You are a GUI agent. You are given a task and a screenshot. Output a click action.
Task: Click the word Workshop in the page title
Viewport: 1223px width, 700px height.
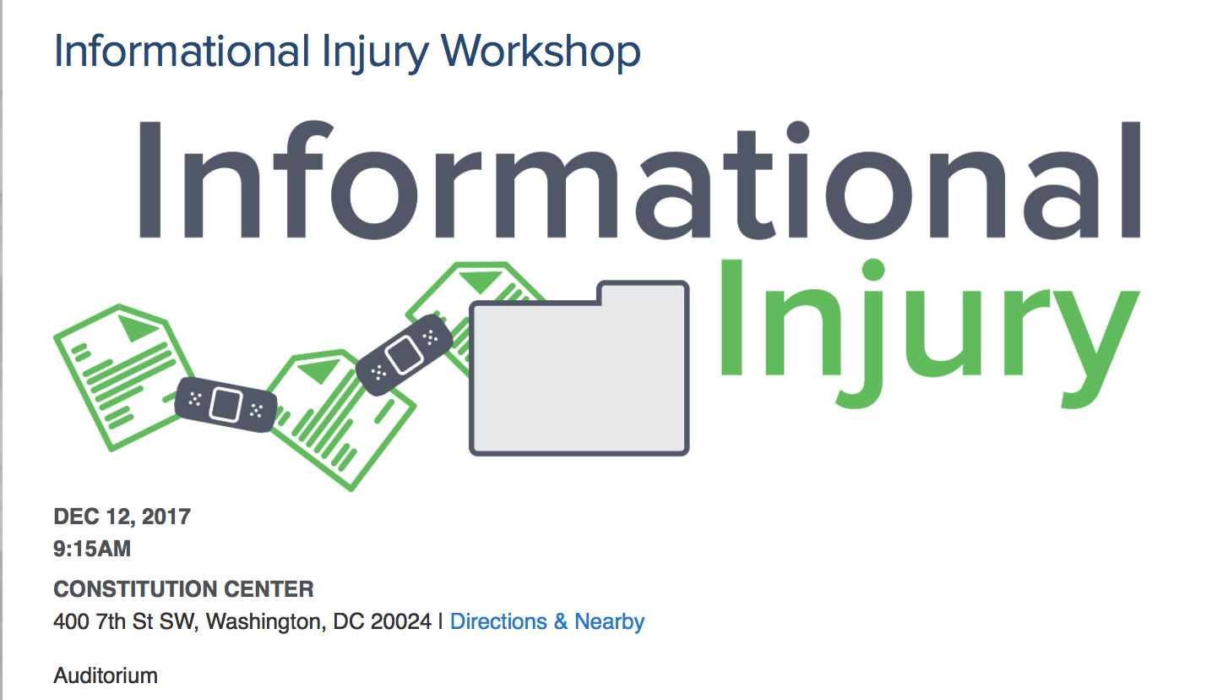(x=541, y=52)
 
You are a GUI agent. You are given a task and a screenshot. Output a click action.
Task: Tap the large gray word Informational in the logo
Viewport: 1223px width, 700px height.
(x=640, y=180)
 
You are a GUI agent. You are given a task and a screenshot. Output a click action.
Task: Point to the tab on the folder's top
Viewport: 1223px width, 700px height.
(x=643, y=293)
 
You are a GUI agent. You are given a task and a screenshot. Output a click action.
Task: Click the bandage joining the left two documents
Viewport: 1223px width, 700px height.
(x=226, y=404)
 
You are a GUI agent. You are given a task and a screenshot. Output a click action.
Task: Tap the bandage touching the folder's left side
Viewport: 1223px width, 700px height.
(x=404, y=354)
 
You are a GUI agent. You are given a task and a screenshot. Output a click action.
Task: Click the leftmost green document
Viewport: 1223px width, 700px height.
(x=122, y=377)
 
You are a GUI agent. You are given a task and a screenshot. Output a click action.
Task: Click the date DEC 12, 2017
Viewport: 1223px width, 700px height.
(x=122, y=517)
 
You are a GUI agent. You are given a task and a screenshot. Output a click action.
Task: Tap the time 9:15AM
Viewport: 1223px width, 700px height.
(x=92, y=549)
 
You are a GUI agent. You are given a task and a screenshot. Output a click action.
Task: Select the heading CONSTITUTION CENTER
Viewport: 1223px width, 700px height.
(x=183, y=589)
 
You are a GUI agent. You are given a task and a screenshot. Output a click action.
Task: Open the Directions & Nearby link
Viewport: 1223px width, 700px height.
(x=547, y=621)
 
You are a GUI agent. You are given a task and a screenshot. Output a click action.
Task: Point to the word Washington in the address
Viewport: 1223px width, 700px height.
(x=266, y=622)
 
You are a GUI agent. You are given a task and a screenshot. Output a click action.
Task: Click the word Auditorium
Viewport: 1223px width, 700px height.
(x=106, y=675)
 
